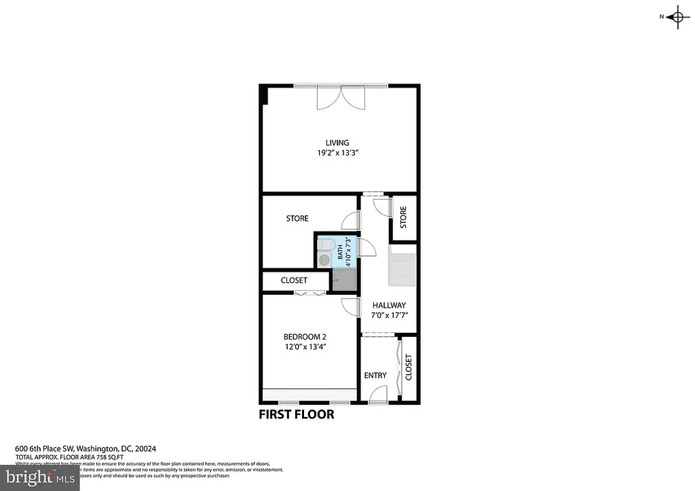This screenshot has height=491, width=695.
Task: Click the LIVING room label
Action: pos(337,143)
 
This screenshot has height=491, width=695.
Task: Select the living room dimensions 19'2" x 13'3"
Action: pos(337,153)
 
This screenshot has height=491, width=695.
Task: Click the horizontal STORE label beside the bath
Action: pos(297,219)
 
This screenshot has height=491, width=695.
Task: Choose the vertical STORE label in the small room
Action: pos(403,218)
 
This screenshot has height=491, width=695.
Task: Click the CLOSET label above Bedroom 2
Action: pos(294,280)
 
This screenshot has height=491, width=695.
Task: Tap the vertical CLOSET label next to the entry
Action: pos(409,367)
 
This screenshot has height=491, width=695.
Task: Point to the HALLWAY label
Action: pos(389,306)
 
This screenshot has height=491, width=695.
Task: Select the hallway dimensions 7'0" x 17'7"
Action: pos(389,316)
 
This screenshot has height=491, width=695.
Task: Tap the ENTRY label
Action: pos(375,376)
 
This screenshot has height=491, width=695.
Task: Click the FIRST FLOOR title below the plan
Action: pos(297,414)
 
